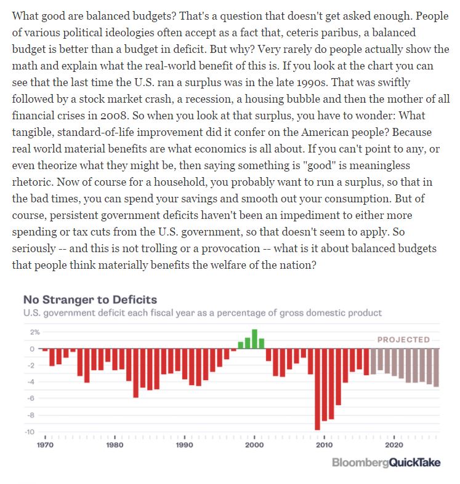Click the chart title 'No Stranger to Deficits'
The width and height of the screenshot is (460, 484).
(90, 300)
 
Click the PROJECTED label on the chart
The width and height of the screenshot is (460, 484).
(403, 339)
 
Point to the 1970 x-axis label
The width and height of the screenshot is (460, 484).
(45, 445)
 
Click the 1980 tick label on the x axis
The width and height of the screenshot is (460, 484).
(115, 445)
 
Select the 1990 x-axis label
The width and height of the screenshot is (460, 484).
(184, 445)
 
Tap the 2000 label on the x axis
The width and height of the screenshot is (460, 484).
(254, 445)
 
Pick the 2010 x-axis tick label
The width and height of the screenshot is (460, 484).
(324, 445)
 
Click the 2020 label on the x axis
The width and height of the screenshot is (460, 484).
(394, 445)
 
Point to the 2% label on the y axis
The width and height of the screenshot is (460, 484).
(34, 332)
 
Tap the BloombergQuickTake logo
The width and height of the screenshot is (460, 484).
(386, 462)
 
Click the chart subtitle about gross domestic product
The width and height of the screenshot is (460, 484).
(202, 312)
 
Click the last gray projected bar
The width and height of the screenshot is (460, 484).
(436, 367)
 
